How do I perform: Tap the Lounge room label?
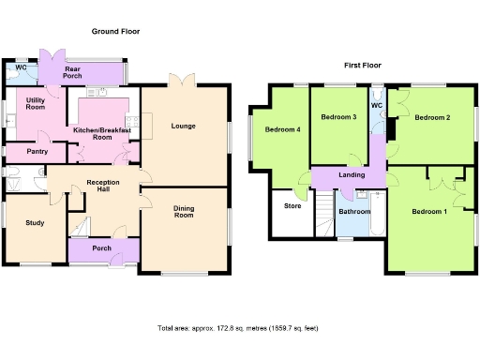183,125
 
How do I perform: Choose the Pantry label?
37,152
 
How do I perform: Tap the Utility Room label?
37,104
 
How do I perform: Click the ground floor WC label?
20,67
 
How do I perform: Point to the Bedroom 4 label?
281,129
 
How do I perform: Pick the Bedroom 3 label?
338,117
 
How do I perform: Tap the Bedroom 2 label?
433,117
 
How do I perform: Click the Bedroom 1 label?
429,212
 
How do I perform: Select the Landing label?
352,174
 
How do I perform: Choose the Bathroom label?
354,212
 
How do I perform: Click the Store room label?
292,204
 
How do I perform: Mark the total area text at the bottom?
238,328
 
